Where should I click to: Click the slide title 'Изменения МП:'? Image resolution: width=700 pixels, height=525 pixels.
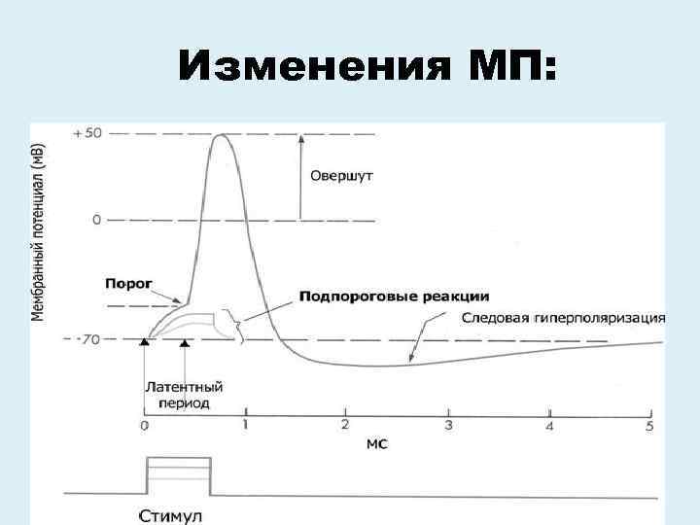(367, 69)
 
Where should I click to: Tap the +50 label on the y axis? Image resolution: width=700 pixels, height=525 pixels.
(86, 133)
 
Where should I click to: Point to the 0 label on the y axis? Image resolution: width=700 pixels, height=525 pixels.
(95, 221)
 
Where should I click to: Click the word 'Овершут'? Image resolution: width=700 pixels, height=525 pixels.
(340, 177)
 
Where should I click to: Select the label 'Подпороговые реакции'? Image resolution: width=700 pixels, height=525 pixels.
(394, 296)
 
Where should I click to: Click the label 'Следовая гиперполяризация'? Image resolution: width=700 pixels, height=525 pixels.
(563, 318)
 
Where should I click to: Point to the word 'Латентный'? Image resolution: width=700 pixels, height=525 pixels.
(178, 387)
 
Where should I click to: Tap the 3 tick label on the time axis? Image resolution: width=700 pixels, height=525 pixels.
(448, 425)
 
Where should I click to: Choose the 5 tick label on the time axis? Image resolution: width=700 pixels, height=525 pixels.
(649, 426)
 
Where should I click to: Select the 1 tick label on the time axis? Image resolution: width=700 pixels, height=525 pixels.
(245, 424)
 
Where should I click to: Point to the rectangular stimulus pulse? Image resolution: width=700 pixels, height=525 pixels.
(178, 474)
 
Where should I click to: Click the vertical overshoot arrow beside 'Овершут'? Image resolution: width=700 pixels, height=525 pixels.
(300, 175)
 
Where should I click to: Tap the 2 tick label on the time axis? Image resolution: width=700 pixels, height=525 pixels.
(345, 424)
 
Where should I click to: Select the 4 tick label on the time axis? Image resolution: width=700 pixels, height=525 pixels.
(549, 426)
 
